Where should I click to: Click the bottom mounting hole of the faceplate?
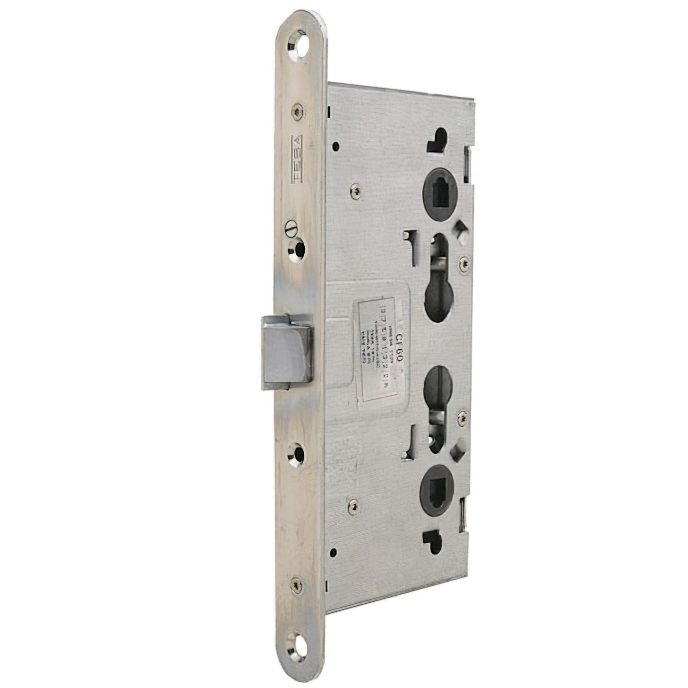tap(299, 646)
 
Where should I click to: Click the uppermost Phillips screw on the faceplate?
tap(298, 111)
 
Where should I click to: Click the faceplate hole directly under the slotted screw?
tap(299, 248)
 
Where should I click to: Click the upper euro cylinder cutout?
tap(439, 281)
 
